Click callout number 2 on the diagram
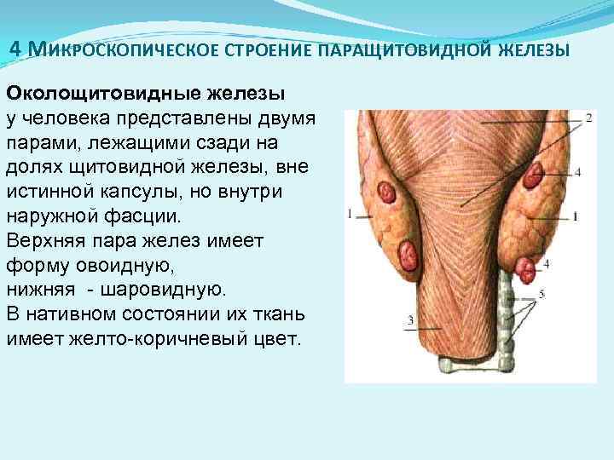click(589, 119)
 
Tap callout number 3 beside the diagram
click(411, 321)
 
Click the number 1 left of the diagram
click(350, 213)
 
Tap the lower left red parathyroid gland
click(410, 254)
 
